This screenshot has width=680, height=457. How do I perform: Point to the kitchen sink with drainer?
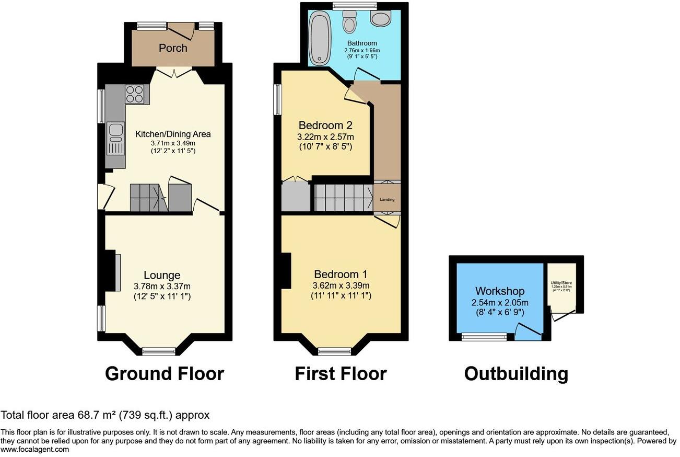click(115, 139)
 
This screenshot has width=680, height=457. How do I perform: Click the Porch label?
click(173, 48)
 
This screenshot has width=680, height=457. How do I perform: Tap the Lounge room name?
click(162, 275)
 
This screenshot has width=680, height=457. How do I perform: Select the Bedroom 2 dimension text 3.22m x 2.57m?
click(325, 137)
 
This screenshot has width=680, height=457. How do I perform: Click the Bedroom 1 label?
click(341, 275)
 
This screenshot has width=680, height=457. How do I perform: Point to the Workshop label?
click(500, 291)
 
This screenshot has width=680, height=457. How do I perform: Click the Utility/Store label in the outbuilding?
click(561, 283)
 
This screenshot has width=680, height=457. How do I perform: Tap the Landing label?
click(387, 199)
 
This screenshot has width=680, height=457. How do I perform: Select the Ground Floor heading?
click(165, 374)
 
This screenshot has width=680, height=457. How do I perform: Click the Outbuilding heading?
click(516, 374)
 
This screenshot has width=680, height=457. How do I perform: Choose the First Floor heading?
click(341, 374)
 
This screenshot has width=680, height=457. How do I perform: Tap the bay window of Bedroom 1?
click(335, 351)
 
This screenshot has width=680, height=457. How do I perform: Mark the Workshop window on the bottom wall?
click(484, 337)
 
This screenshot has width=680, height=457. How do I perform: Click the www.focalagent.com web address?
click(34, 449)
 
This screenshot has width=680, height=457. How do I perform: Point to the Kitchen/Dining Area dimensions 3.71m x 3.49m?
click(173, 143)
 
